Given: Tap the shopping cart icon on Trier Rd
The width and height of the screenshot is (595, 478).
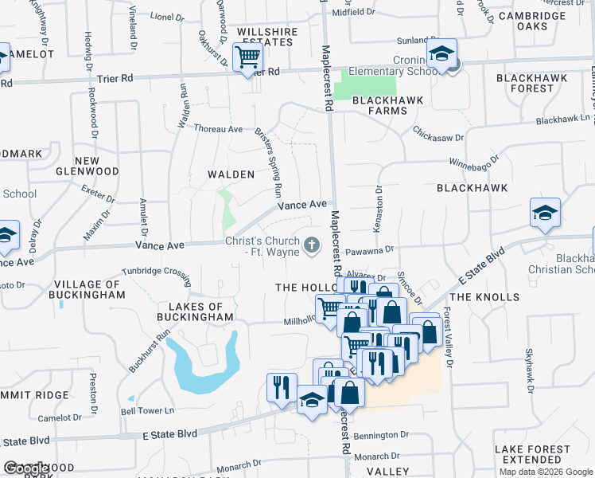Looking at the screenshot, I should (248, 57).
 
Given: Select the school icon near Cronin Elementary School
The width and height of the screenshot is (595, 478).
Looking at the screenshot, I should (440, 54).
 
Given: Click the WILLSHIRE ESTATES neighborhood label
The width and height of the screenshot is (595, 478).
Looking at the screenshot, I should (267, 37).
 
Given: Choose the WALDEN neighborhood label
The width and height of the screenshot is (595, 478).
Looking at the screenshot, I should (231, 174).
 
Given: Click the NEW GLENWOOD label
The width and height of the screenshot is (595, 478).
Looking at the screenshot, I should (87, 166).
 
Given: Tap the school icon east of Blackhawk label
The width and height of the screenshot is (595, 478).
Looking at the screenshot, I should (545, 214).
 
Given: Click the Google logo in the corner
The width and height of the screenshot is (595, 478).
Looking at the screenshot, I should (27, 468).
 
